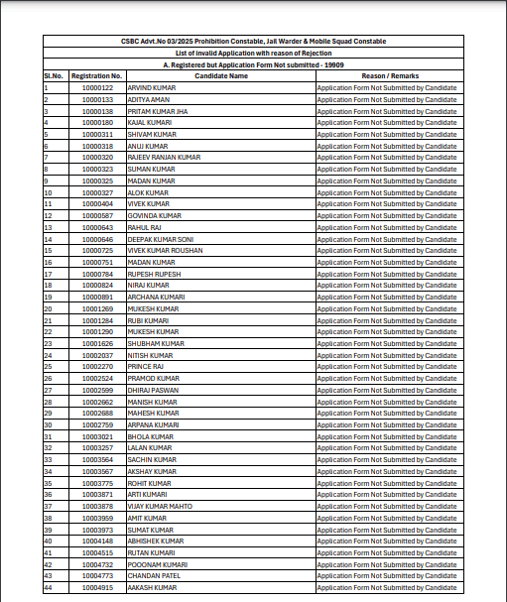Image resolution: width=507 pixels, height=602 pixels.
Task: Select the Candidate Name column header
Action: coord(221,75)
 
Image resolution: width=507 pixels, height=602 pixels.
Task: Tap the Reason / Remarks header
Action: coord(387,75)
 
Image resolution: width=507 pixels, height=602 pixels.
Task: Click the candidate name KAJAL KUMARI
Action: coord(150,122)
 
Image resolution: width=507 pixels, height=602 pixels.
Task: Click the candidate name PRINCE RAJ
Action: coord(146,367)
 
